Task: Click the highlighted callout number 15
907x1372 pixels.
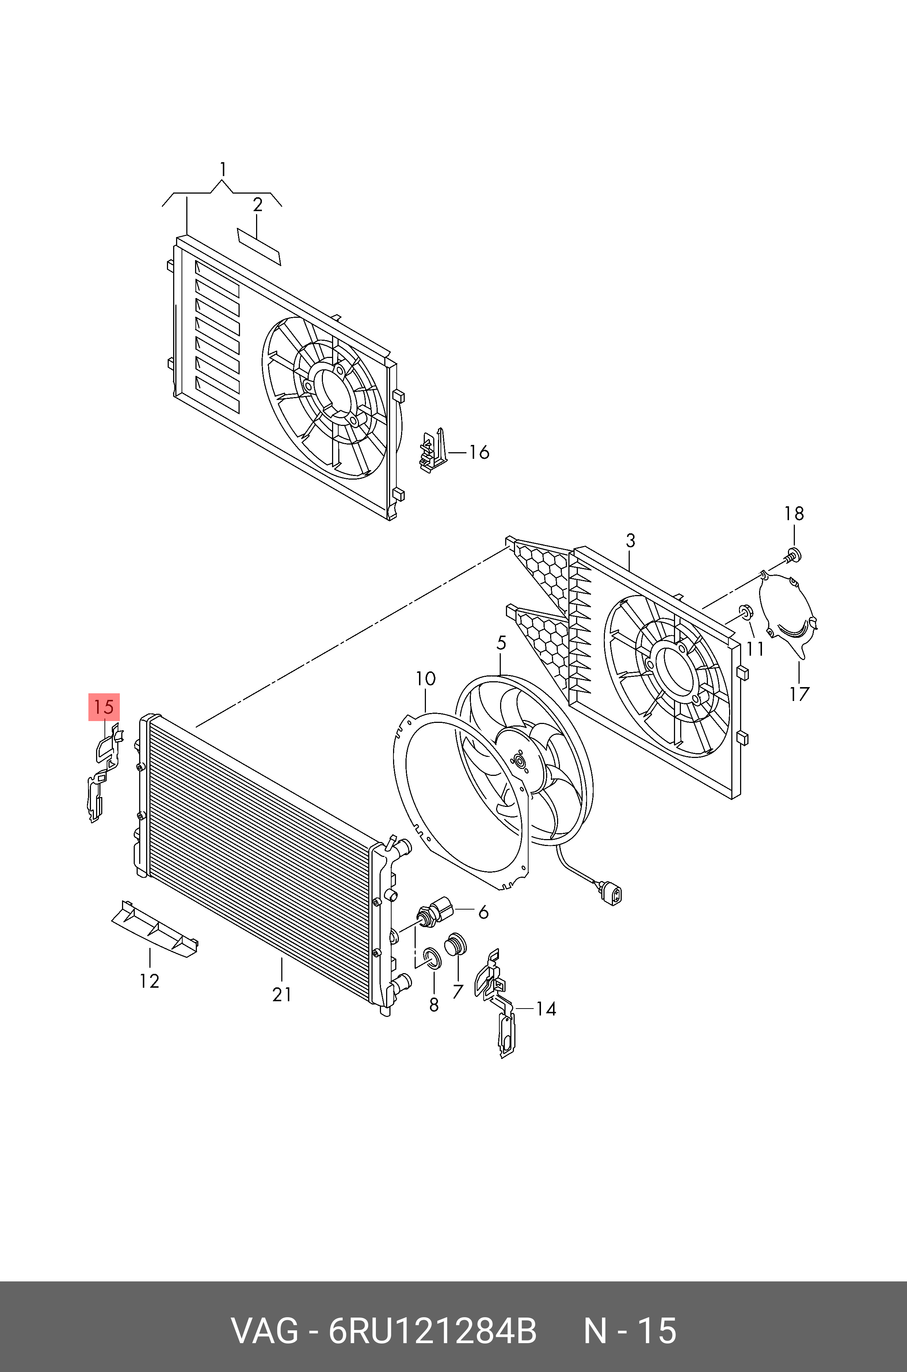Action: [103, 707]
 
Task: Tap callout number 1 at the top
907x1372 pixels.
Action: [223, 169]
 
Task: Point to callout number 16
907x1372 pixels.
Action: [479, 452]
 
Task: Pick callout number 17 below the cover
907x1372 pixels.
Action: [799, 694]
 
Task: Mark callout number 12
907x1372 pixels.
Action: [149, 981]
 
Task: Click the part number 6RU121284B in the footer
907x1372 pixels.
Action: [432, 1329]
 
